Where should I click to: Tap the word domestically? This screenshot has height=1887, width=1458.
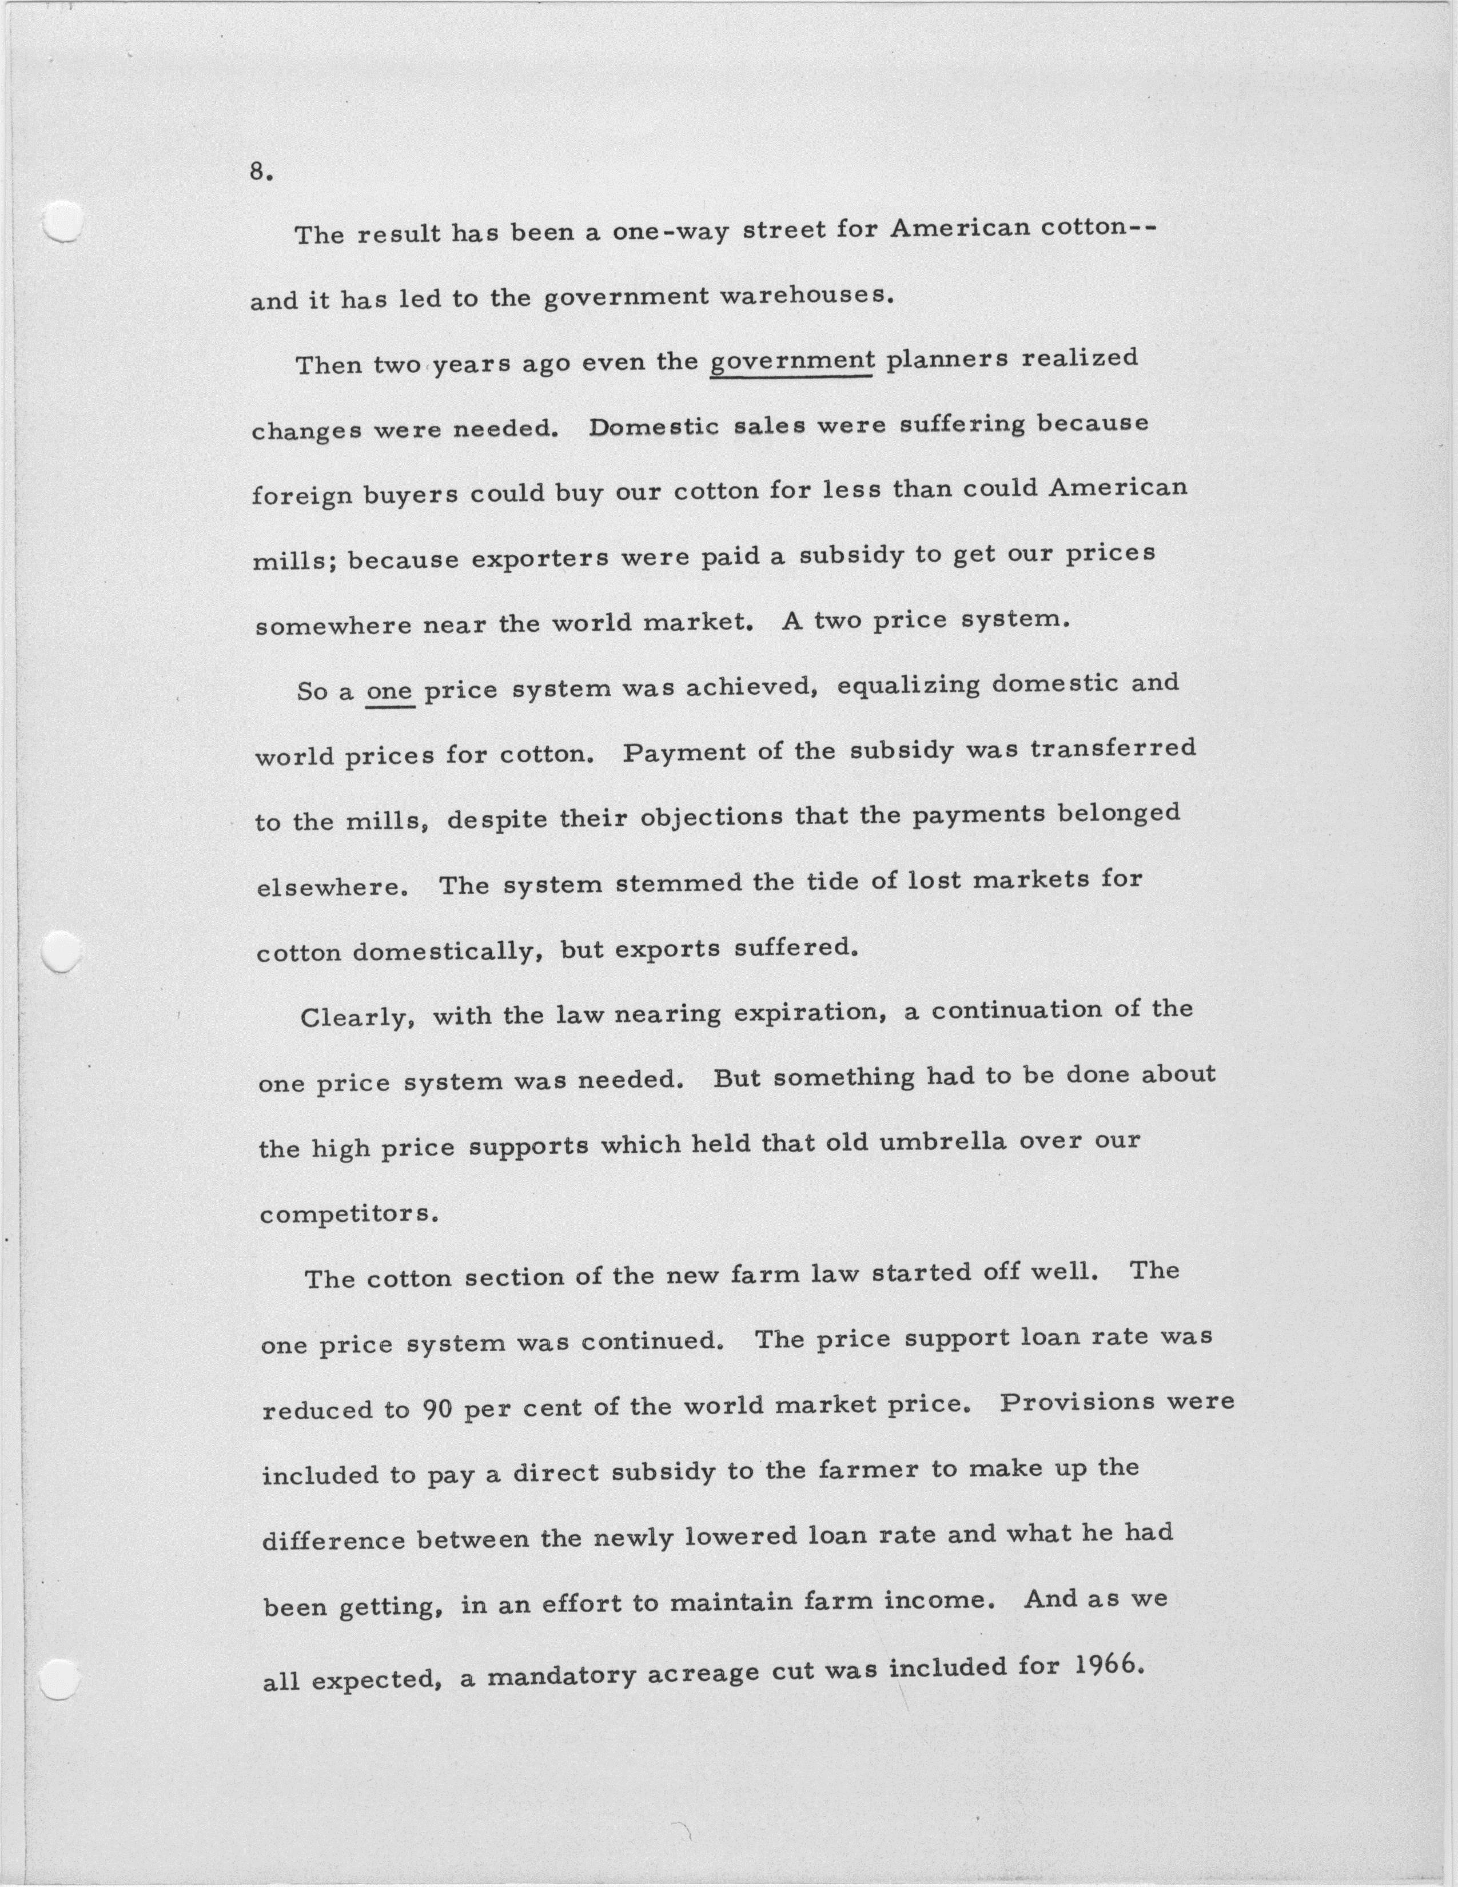point(448,952)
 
